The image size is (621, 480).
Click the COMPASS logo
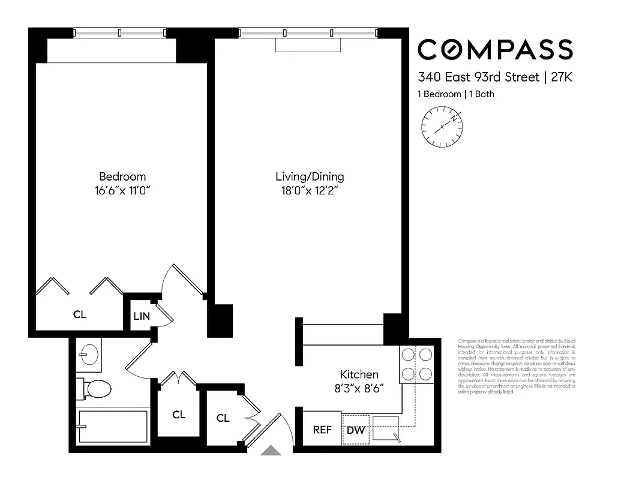point(494,49)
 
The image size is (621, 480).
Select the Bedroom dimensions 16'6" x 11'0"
point(122,191)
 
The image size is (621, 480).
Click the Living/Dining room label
point(310,176)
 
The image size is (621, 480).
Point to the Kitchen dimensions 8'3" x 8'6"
point(359,388)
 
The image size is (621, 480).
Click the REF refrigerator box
point(322,430)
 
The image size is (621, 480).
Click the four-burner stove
point(416,364)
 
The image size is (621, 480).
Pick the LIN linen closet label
point(141,316)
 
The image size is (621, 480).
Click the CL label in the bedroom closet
point(80,314)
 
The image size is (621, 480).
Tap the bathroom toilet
point(97,389)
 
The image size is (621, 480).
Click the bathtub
point(112,426)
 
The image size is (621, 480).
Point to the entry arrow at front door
point(272,450)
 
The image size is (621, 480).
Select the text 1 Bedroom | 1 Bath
point(455,94)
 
